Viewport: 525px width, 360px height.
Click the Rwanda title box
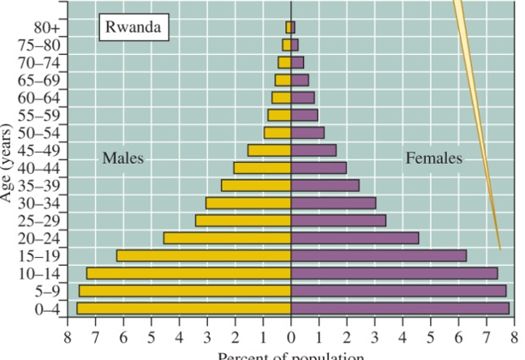[133, 27]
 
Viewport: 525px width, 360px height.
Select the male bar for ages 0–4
[184, 308]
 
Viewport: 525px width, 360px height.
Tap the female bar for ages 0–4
[400, 308]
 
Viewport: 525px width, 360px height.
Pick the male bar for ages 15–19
[204, 255]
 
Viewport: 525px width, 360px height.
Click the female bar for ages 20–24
[355, 237]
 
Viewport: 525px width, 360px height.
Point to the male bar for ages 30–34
[248, 203]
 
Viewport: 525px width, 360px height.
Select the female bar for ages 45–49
[313, 150]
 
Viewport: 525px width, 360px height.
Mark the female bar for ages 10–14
[394, 273]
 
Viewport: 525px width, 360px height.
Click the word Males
[122, 159]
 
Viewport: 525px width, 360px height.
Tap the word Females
[433, 159]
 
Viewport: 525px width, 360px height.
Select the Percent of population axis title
[291, 355]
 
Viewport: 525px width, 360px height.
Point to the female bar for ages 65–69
[300, 80]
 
